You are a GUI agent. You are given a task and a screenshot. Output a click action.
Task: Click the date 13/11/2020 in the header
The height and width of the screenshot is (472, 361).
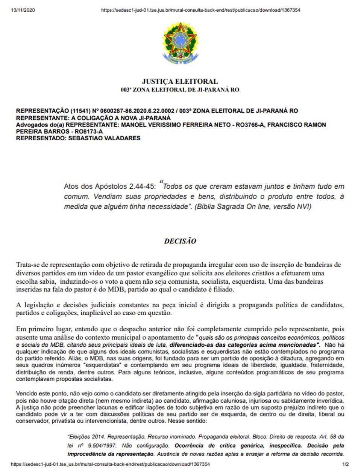(x=23, y=10)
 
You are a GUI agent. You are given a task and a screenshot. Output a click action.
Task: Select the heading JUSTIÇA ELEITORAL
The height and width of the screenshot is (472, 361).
(x=180, y=81)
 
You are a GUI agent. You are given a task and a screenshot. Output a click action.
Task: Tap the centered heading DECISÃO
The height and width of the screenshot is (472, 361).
(x=180, y=241)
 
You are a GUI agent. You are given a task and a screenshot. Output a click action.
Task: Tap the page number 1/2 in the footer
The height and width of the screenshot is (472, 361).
(x=346, y=464)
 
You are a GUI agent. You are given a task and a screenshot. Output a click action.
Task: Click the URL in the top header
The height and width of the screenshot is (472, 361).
(x=200, y=10)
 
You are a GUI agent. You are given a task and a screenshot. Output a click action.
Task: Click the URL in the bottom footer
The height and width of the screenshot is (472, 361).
(x=110, y=464)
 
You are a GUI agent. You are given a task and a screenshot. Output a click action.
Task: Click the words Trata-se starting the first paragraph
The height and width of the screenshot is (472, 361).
(x=27, y=265)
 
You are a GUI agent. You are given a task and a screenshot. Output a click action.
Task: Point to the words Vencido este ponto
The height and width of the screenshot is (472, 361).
(x=40, y=394)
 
